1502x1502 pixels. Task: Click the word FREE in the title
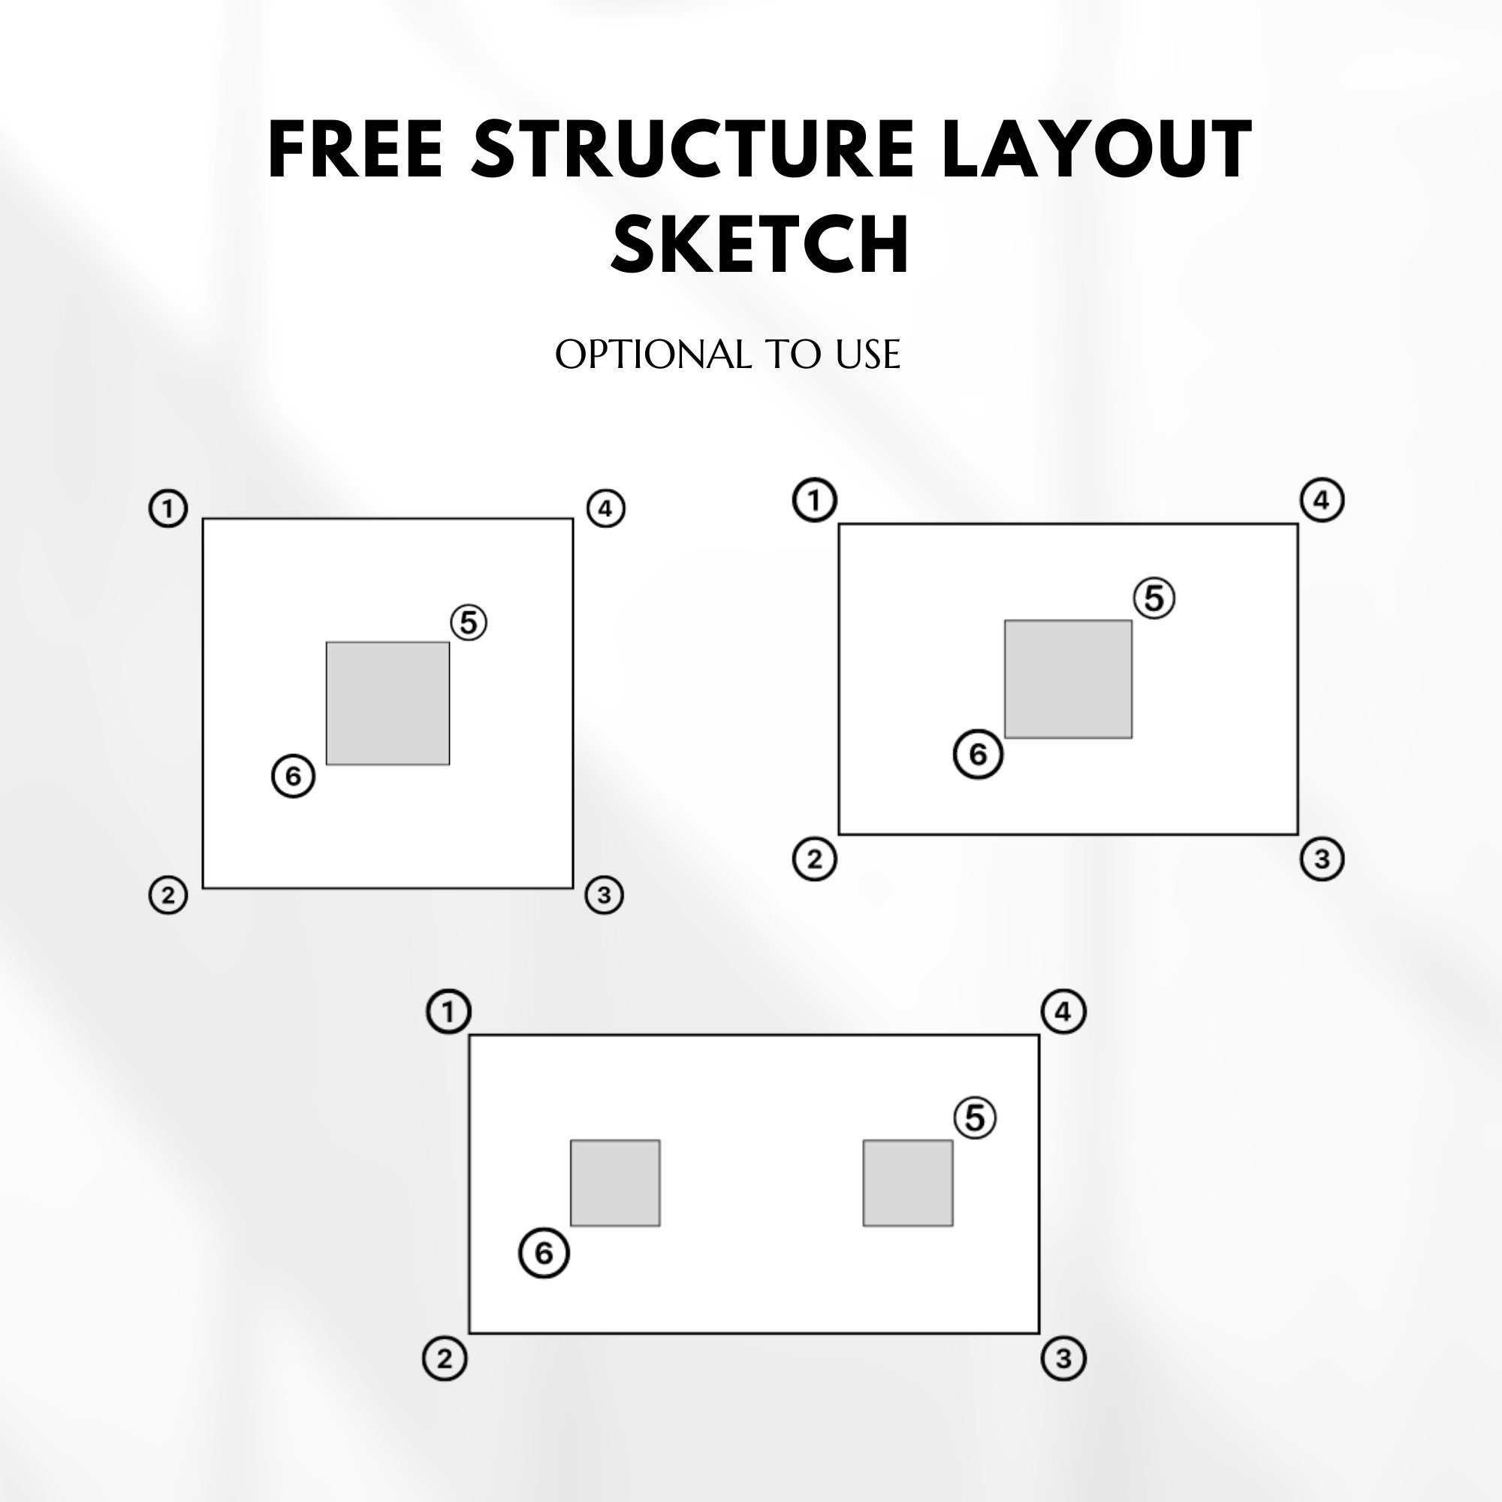click(355, 149)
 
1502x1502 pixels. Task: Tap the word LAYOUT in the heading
click(1097, 149)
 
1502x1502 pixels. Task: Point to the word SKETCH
click(759, 243)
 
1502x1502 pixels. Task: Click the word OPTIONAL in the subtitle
click(654, 354)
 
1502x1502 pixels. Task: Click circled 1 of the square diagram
click(168, 508)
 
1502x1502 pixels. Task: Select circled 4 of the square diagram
click(605, 508)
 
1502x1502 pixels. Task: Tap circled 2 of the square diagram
click(168, 895)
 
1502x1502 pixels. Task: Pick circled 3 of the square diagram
click(604, 895)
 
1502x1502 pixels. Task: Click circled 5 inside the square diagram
click(469, 623)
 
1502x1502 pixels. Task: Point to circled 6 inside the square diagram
click(293, 776)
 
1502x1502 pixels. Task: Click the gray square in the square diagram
click(388, 704)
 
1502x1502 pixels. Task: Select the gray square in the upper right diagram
click(1068, 680)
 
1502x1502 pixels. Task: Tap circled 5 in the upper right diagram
click(1154, 598)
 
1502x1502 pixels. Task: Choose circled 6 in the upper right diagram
click(978, 753)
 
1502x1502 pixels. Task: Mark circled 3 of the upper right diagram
click(1322, 859)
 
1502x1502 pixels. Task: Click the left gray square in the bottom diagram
click(615, 1184)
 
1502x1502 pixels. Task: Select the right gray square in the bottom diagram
click(908, 1184)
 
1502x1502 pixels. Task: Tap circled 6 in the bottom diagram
click(544, 1253)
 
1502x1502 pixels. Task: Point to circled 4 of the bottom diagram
click(1063, 1012)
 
